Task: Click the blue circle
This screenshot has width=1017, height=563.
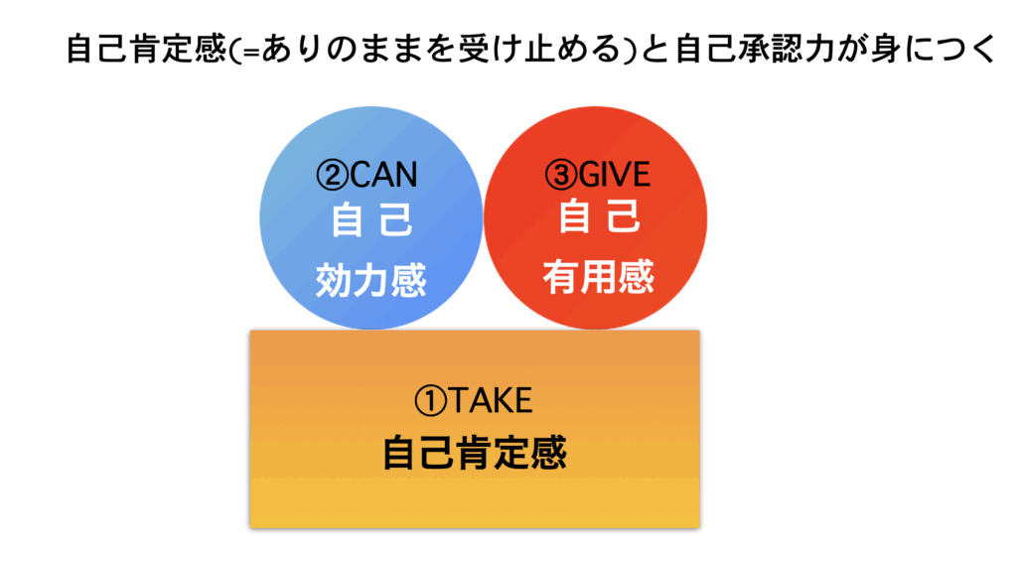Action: [371, 217]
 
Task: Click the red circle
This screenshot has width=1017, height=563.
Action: [596, 217]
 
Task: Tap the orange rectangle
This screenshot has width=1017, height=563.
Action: [475, 429]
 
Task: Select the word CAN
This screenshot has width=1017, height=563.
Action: [383, 175]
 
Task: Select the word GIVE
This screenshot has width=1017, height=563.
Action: [614, 175]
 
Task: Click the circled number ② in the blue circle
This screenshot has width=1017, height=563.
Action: [332, 175]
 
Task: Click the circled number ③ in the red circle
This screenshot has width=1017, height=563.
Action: [561, 175]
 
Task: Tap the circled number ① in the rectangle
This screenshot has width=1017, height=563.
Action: [431, 401]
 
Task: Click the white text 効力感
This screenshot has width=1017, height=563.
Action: [371, 280]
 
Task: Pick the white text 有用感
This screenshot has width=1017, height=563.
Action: [598, 277]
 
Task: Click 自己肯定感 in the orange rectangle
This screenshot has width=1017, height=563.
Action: [475, 453]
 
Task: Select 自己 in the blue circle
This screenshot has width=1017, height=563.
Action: [371, 219]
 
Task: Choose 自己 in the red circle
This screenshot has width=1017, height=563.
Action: [599, 216]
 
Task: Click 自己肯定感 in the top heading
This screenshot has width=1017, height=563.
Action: [146, 50]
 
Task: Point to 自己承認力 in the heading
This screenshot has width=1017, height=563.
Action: [755, 50]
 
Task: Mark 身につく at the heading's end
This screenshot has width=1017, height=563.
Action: [933, 50]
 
